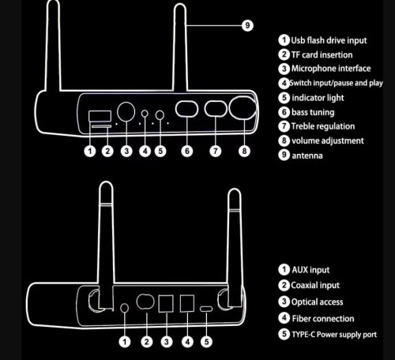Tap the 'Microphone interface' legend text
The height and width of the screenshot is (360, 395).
pyautogui.click(x=332, y=69)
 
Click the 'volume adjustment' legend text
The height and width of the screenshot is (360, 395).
pyautogui.click(x=328, y=141)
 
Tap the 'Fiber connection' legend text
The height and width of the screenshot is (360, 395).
pyautogui.click(x=325, y=317)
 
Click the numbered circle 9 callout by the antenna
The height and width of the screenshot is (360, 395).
pyautogui.click(x=247, y=25)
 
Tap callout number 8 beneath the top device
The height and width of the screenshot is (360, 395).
pyautogui.click(x=243, y=150)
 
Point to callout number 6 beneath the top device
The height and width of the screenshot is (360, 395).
pyautogui.click(x=187, y=150)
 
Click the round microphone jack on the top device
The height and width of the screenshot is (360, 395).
pyautogui.click(x=126, y=111)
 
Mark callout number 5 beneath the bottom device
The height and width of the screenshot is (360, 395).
pyautogui.click(x=206, y=342)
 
